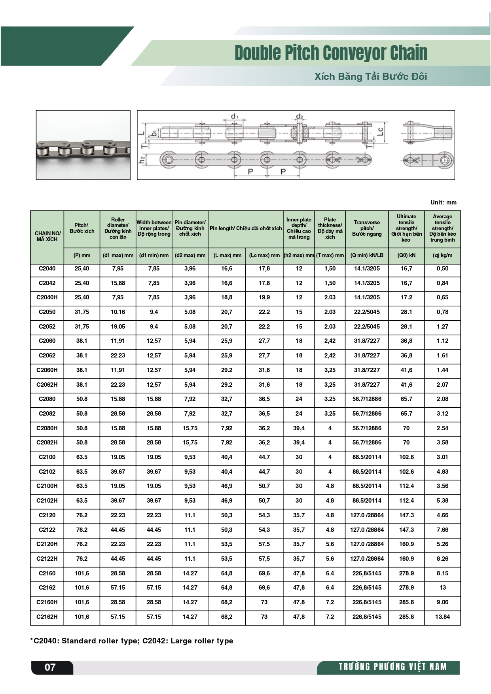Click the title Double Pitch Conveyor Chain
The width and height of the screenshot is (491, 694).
point(331,53)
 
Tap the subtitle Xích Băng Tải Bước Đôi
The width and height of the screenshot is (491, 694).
point(371,76)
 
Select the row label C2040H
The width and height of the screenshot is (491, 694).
point(47,297)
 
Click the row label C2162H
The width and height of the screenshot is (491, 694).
point(47,617)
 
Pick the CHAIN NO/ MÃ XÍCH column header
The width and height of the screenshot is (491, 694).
point(47,236)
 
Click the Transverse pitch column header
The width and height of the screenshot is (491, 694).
point(367,228)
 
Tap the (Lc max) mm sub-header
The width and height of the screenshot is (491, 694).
point(264,255)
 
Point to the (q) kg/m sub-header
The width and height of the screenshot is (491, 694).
point(442,255)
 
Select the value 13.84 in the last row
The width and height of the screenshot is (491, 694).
point(442,617)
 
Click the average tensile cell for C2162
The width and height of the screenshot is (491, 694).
point(442,588)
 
